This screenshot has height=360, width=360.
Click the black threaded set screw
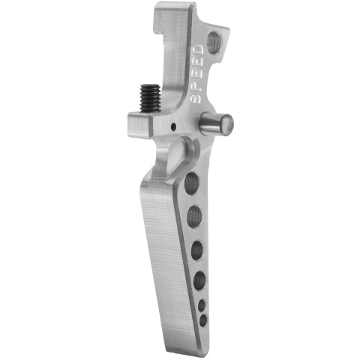150,98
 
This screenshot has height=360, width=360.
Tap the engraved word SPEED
198,74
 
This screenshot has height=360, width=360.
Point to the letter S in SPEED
196,98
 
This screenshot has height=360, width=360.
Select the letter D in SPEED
199,49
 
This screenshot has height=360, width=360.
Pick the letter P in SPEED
196,86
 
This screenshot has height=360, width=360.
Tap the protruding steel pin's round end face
227,124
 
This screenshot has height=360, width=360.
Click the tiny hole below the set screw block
173,127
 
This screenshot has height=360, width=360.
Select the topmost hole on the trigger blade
191,183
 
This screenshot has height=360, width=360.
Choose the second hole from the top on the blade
194,216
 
